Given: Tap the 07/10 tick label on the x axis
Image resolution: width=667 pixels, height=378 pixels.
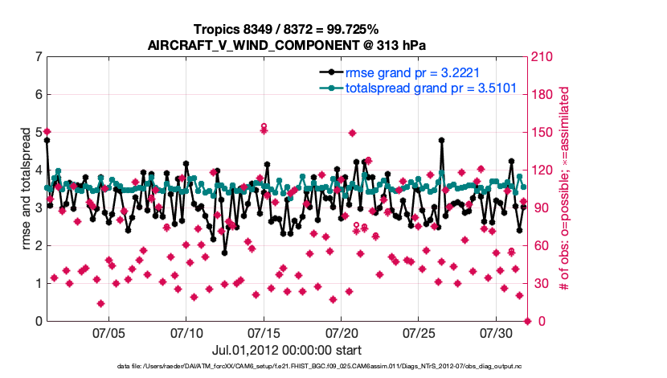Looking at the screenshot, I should click(186, 332).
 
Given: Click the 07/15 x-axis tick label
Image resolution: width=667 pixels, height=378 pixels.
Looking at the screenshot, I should click(264, 332).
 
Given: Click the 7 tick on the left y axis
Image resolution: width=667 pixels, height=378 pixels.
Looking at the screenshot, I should click(38, 57).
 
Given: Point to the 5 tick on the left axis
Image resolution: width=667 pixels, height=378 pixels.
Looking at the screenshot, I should click(38, 133).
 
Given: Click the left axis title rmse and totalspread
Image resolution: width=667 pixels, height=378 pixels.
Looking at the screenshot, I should click(25, 190).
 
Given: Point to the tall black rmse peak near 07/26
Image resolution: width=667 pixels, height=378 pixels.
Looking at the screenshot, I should click(441, 140).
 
